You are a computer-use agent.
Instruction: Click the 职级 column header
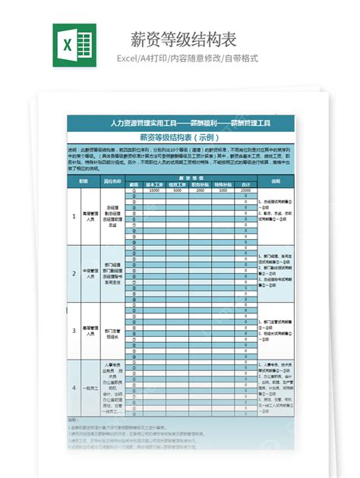pyautogui.click(x=74, y=181)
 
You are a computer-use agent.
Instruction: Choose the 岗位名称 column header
pyautogui.click(x=112, y=181)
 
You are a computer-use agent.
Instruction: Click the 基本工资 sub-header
pyautogui.click(x=155, y=184)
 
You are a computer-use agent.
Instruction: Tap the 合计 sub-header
pyautogui.click(x=245, y=184)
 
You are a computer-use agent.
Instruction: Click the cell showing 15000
pyautogui.click(x=155, y=190)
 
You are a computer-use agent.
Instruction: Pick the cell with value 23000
pyautogui.click(x=245, y=190)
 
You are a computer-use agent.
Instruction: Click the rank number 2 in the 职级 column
pyautogui.click(x=74, y=273)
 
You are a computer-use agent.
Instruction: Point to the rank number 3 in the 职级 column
pyautogui.click(x=74, y=330)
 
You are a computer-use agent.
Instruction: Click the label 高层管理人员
pyautogui.click(x=90, y=216)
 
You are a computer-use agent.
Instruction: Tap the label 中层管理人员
pyautogui.click(x=90, y=274)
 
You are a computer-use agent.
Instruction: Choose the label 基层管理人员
pyautogui.click(x=90, y=331)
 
